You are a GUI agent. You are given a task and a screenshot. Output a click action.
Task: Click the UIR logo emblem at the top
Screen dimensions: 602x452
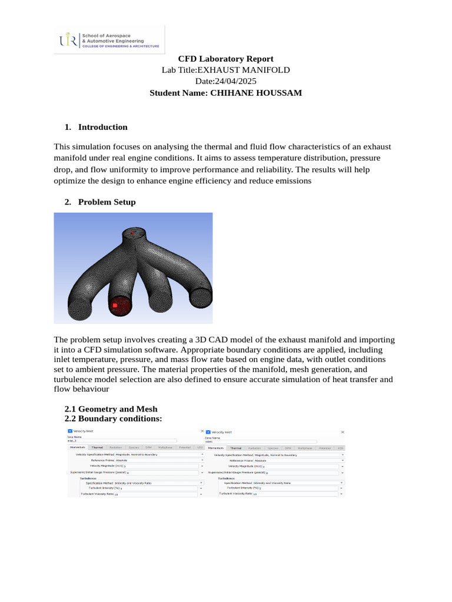[x=67, y=40]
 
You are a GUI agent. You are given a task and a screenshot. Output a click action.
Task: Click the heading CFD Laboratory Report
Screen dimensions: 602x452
[x=226, y=59]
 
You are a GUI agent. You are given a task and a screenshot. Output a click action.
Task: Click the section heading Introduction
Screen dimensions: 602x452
[x=102, y=127]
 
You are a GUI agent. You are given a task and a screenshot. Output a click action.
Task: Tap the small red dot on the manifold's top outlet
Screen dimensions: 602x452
[x=133, y=233]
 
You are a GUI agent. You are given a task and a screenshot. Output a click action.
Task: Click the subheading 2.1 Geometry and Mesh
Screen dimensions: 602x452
[x=111, y=409]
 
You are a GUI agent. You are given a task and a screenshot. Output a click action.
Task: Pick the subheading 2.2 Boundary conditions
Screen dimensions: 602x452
[x=112, y=419]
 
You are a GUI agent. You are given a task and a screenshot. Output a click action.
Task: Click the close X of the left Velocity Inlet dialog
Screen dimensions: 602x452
[x=202, y=431]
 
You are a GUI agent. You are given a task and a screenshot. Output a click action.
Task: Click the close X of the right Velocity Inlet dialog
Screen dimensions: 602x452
[x=342, y=431]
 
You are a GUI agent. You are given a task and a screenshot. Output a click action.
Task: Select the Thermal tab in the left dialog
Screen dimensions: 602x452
[x=97, y=448]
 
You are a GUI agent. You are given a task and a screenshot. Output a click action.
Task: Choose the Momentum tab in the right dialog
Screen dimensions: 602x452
[x=215, y=448]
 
